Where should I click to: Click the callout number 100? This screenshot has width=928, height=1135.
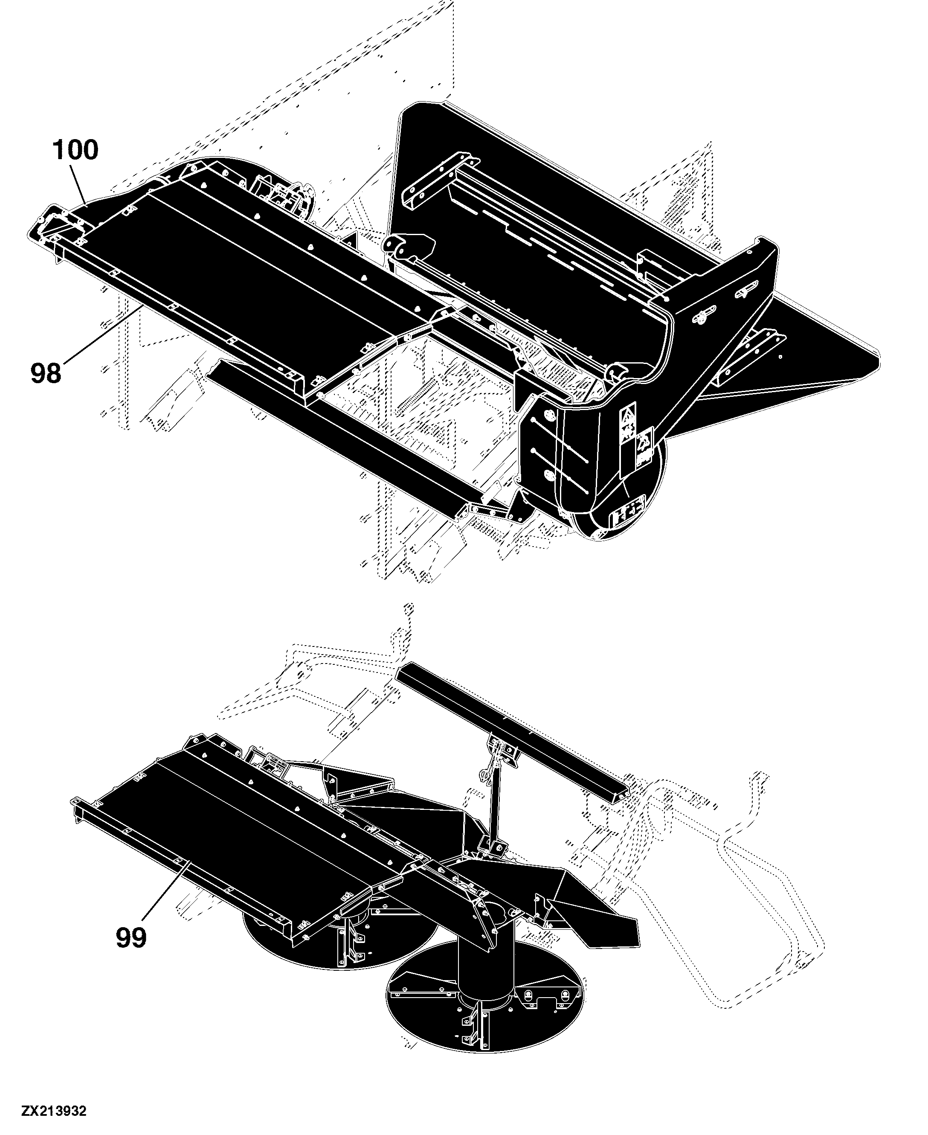[75, 150]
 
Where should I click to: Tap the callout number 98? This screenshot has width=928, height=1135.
[46, 373]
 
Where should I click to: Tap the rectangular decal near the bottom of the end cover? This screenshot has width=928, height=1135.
[628, 515]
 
